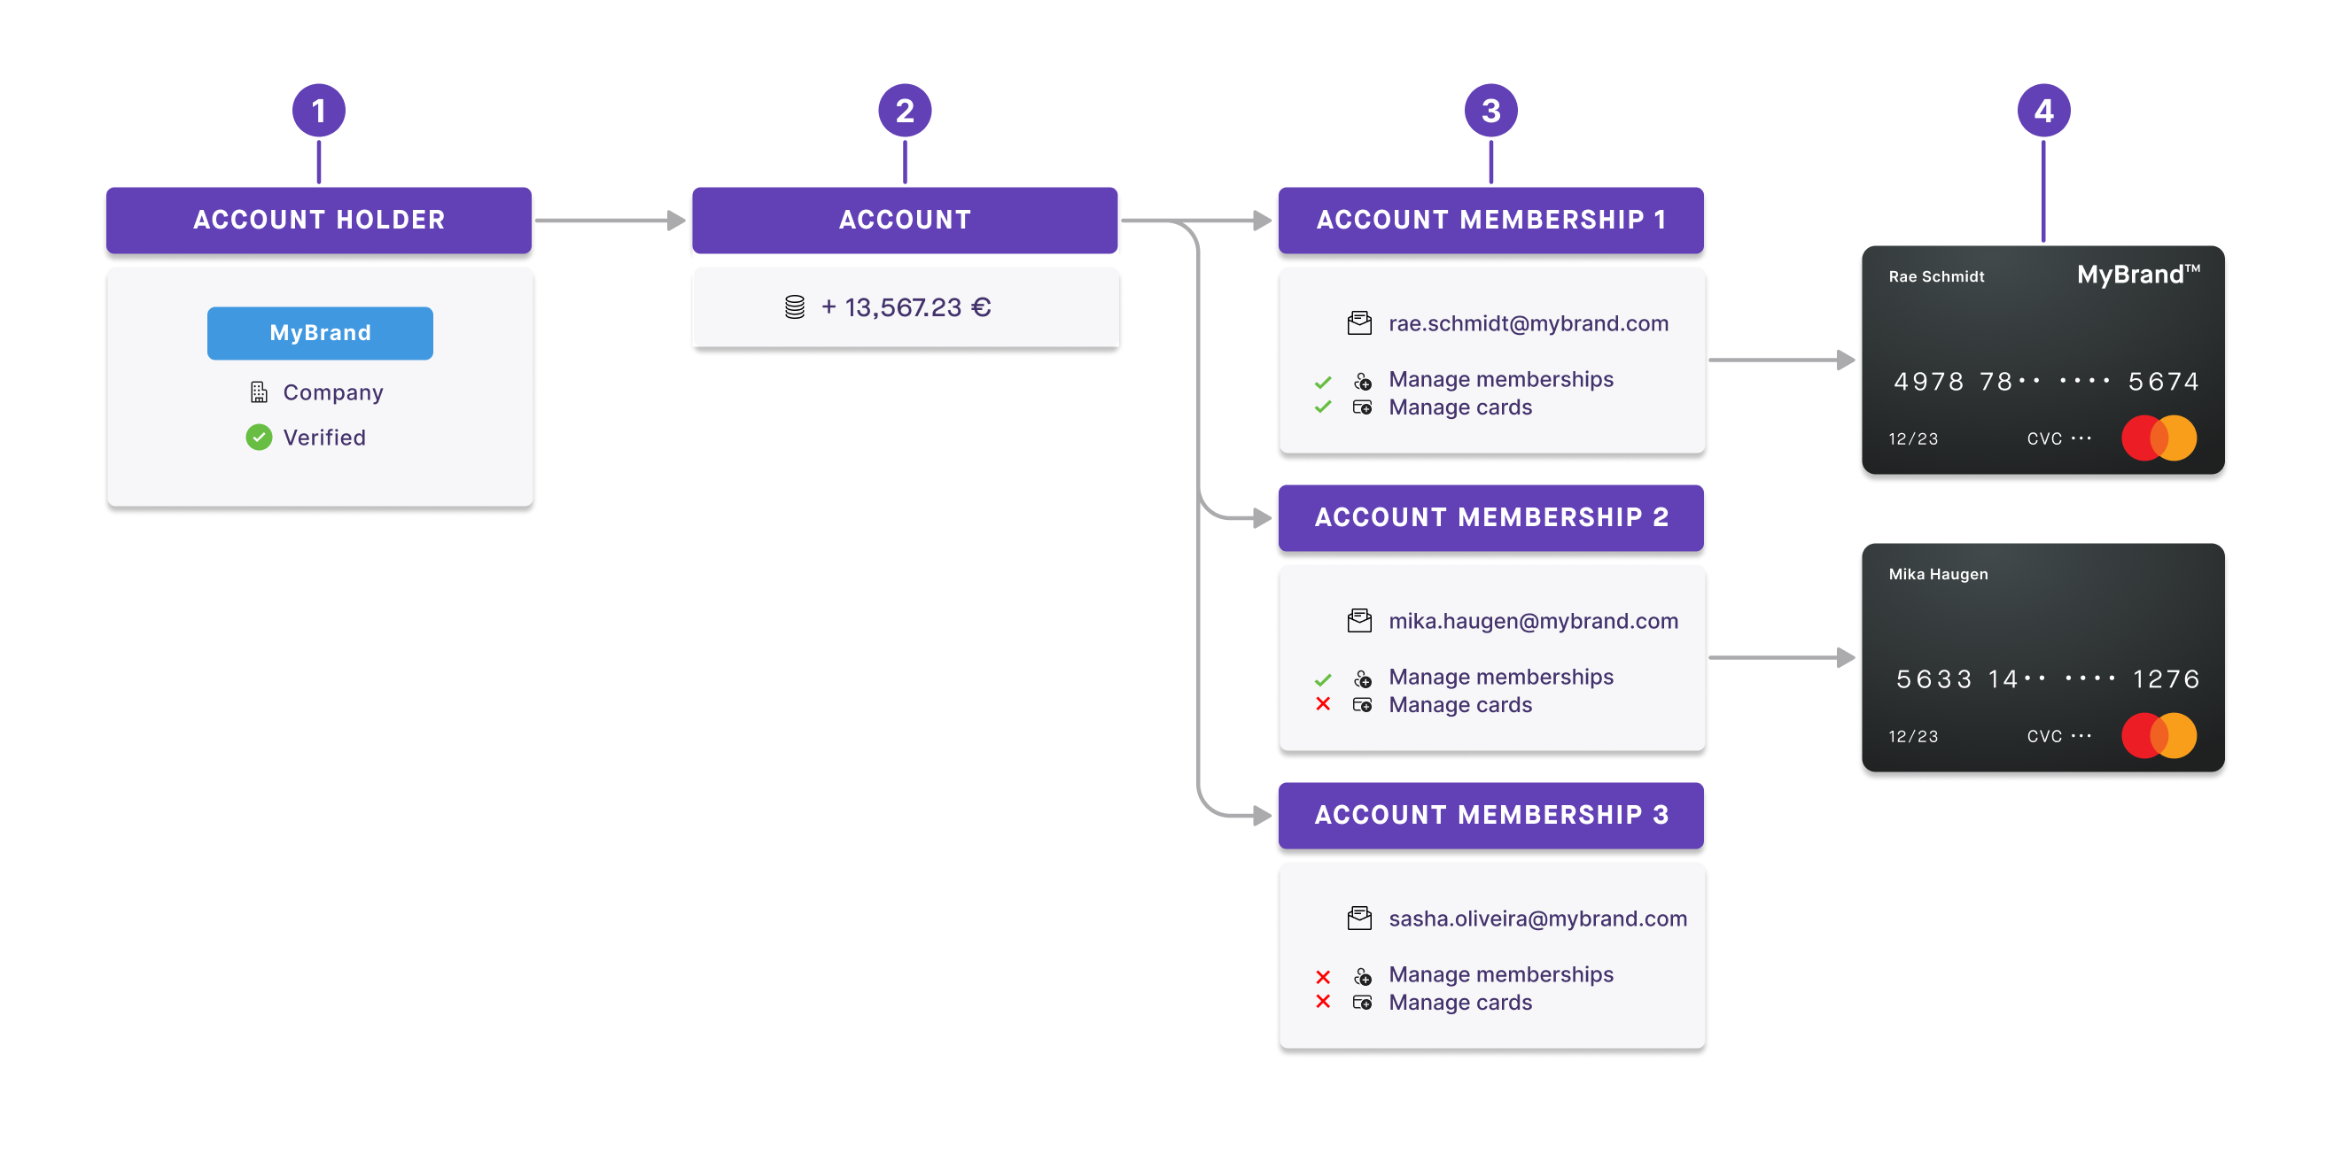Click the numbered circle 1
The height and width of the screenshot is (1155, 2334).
(318, 111)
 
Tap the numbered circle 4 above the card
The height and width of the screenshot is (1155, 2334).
(2043, 111)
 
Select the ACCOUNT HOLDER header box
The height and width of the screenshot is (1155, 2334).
(319, 221)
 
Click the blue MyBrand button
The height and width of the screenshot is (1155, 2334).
(320, 332)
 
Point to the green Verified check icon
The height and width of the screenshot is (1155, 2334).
(259, 438)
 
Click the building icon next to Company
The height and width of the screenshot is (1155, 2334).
(259, 392)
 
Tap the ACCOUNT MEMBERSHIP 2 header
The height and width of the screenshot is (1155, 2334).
(1490, 517)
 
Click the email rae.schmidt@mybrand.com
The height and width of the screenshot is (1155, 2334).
(1528, 323)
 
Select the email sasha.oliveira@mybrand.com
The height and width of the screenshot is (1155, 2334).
(1537, 919)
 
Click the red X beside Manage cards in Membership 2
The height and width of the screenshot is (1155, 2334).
(1323, 704)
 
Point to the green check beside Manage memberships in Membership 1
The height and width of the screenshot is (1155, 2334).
(1323, 382)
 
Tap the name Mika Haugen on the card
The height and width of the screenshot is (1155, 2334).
(1938, 574)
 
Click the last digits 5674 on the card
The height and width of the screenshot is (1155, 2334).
(2163, 382)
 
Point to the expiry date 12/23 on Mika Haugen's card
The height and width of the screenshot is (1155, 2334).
(1913, 736)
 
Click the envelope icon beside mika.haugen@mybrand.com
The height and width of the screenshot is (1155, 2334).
(1359, 621)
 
